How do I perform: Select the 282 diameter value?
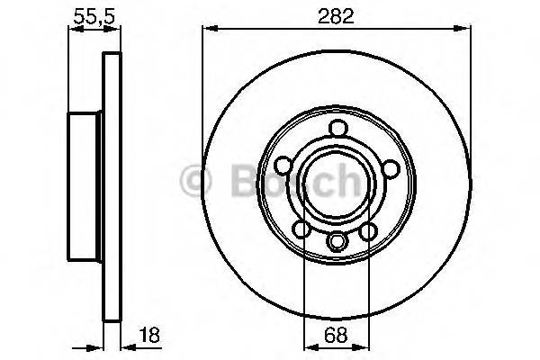click(x=335, y=15)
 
